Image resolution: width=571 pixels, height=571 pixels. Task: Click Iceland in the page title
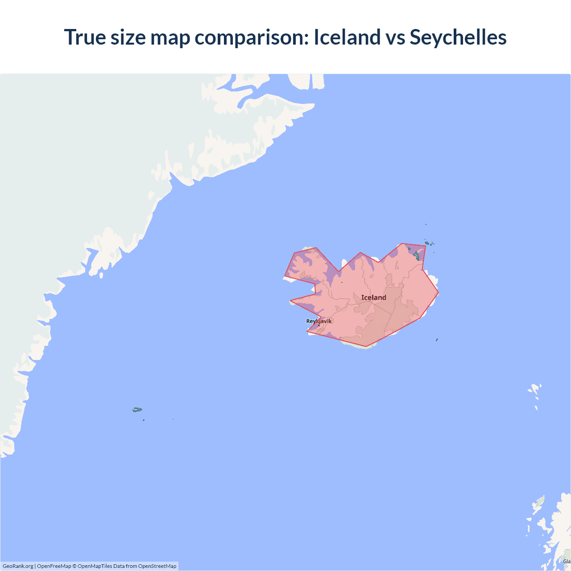[x=347, y=37]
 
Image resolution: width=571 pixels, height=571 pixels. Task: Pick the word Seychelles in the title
[x=458, y=37]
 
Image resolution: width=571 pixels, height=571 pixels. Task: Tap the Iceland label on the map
[x=373, y=298]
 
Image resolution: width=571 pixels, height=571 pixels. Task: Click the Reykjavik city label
[x=319, y=321]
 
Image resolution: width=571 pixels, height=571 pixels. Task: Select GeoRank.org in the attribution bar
[x=18, y=566]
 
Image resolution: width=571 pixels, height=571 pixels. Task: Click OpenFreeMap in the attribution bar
[x=54, y=566]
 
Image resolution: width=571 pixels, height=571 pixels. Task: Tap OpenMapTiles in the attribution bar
[x=95, y=566]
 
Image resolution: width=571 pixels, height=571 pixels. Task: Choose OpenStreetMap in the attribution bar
[x=157, y=566]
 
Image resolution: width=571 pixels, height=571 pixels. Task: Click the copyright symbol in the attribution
[x=74, y=566]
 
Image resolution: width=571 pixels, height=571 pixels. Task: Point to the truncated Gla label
[x=567, y=561]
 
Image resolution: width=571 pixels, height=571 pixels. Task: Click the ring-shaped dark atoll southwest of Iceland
[x=137, y=410]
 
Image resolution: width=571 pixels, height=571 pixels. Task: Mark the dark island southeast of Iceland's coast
[x=437, y=340]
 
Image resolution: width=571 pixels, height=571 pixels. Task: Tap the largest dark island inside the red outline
[x=417, y=256]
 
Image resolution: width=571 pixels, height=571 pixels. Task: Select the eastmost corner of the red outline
[x=439, y=293]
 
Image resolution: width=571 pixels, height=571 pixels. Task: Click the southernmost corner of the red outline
[x=366, y=346]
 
